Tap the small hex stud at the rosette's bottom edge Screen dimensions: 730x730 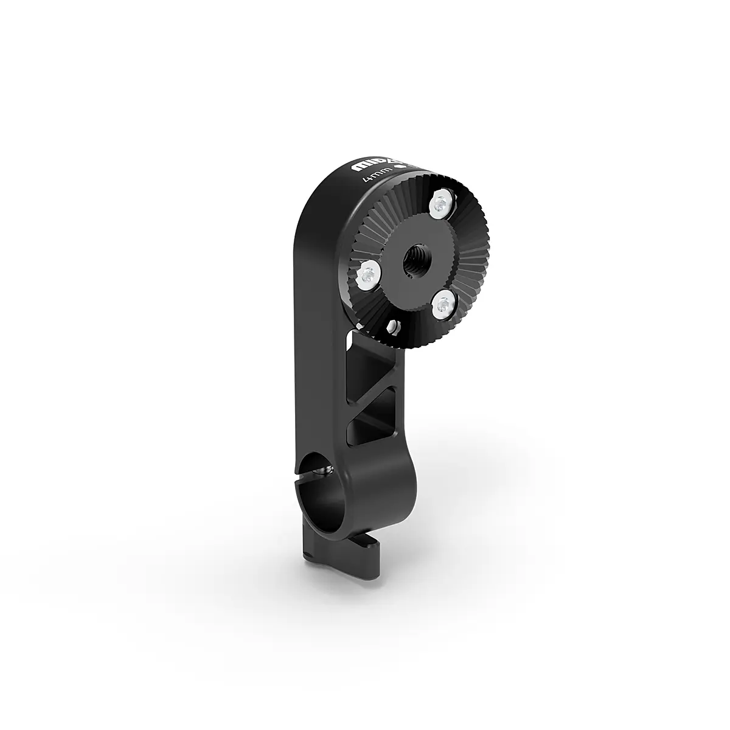click(x=394, y=328)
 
